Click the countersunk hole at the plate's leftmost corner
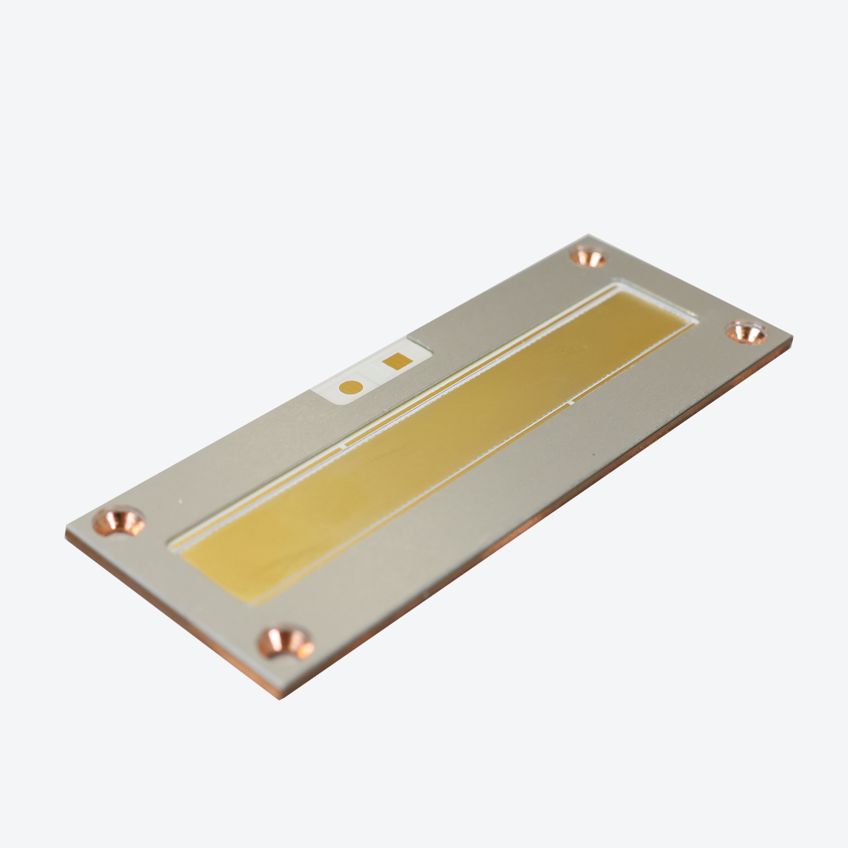click(x=119, y=521)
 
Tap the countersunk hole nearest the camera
click(x=286, y=642)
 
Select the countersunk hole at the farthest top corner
click(x=587, y=256)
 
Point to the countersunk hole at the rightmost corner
click(x=746, y=332)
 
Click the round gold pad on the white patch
click(x=350, y=388)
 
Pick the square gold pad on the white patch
click(x=397, y=361)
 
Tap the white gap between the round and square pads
click(x=373, y=375)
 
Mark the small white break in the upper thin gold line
click(x=343, y=444)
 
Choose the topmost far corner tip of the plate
click(x=589, y=236)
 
